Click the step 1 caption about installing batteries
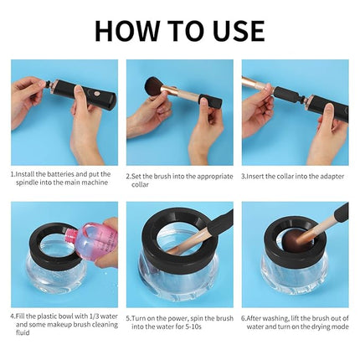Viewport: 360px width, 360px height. click(x=59, y=178)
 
